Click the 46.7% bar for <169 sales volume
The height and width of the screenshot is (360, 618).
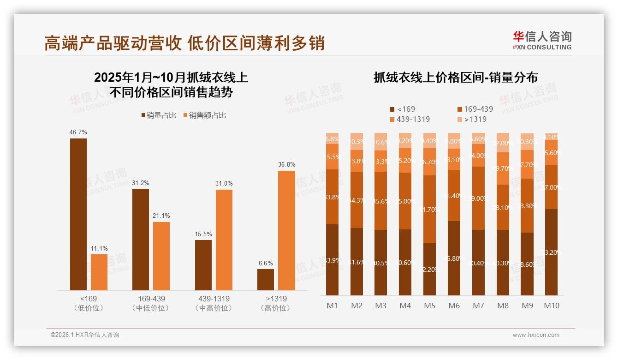click(78, 214)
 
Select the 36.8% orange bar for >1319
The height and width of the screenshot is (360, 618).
click(286, 230)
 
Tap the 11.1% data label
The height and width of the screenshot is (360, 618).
click(99, 248)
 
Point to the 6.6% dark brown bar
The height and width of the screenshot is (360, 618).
click(266, 280)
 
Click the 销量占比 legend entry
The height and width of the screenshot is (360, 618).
click(158, 115)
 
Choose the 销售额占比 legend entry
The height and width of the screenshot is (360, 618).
click(205, 115)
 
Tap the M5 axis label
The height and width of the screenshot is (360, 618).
click(429, 306)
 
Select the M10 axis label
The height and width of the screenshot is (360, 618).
click(551, 306)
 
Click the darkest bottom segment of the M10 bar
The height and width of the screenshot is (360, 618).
click(551, 252)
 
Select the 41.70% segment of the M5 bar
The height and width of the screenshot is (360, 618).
click(429, 209)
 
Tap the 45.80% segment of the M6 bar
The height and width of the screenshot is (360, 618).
click(454, 258)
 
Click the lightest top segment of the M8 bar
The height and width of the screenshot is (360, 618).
click(503, 143)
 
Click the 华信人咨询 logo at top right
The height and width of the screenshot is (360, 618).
click(542, 40)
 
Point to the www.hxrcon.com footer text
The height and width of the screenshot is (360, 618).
click(536, 335)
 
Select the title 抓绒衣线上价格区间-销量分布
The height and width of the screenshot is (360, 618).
click(455, 78)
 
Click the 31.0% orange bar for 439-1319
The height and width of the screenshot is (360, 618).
click(224, 240)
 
